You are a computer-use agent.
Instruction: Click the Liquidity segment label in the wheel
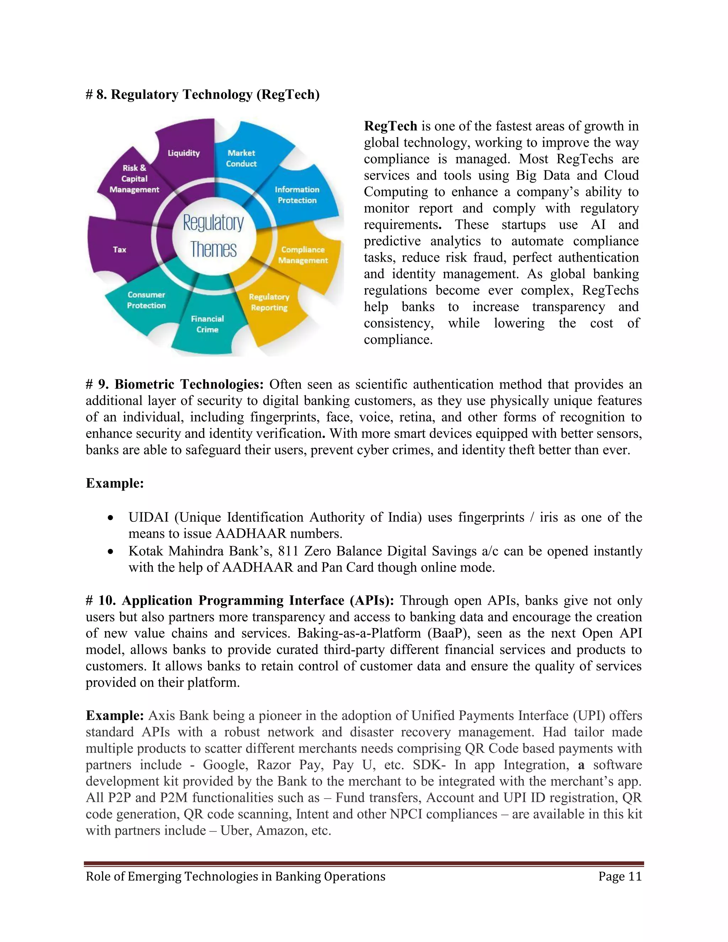click(x=184, y=153)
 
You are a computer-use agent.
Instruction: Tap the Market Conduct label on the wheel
click(x=241, y=158)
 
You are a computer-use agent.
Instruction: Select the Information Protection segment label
click(x=297, y=195)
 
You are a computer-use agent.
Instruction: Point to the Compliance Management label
click(x=303, y=255)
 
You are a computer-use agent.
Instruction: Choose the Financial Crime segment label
click(x=208, y=324)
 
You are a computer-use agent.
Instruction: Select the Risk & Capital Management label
click(x=134, y=178)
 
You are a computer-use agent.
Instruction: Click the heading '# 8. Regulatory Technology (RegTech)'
click(x=203, y=95)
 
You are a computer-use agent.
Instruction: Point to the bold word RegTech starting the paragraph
click(x=390, y=126)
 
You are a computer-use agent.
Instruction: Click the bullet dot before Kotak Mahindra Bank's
click(x=111, y=552)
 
